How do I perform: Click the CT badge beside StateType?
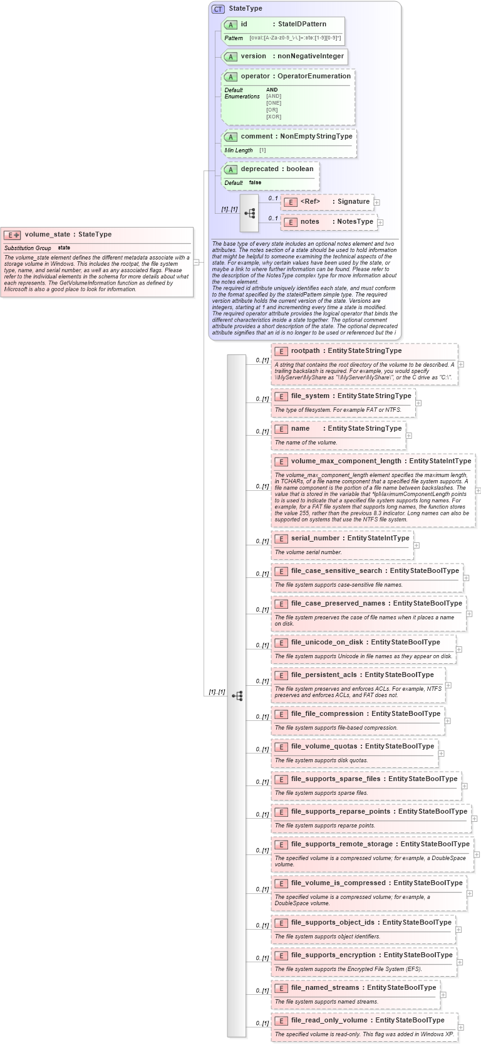pos(218,9)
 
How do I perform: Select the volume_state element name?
pos(48,234)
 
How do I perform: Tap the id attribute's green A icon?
pos(230,24)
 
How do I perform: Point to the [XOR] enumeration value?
pos(274,117)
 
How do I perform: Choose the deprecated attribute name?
pos(259,169)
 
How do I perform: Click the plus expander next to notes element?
pos(380,222)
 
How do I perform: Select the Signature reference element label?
pos(353,202)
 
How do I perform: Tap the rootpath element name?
pos(305,351)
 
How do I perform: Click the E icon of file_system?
pos(281,396)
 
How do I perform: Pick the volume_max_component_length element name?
pos(346,461)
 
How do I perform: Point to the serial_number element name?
pos(317,538)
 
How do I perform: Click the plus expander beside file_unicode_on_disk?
pos(459,649)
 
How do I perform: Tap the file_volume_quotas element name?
pos(324,747)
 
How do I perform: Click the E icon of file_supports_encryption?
pos(281,955)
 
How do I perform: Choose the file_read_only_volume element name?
pos(329,1021)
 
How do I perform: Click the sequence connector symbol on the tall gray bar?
pos(237,696)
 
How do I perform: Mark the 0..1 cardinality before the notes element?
pos(272,218)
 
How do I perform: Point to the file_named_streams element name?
pos(325,988)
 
